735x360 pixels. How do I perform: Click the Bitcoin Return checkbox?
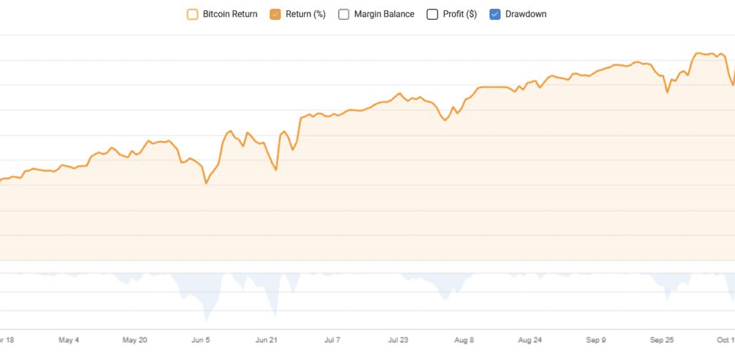coord(193,14)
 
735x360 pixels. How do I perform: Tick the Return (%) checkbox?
coord(276,14)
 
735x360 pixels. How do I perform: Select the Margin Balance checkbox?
coord(344,14)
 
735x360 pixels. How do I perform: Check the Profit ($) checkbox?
coord(432,14)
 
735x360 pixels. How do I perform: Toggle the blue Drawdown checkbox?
coord(495,14)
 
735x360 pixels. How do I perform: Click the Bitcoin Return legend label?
coord(229,14)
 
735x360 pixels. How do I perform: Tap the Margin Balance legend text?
coord(384,14)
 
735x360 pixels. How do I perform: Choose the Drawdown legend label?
coord(526,14)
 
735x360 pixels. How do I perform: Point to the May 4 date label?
coord(68,340)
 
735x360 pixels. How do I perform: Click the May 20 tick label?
coord(135,340)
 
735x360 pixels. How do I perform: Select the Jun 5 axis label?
coord(201,340)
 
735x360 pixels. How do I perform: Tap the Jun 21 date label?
coord(266,340)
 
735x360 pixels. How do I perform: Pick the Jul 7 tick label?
coord(332,340)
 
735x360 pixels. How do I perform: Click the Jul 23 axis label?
coord(398,340)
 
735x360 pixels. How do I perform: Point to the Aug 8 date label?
coord(464,340)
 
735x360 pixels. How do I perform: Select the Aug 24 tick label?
coord(530,340)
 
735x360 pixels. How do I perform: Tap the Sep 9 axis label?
coord(596,340)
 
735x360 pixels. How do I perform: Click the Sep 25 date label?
coord(661,340)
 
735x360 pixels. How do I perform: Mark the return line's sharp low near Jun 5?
coord(207,183)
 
